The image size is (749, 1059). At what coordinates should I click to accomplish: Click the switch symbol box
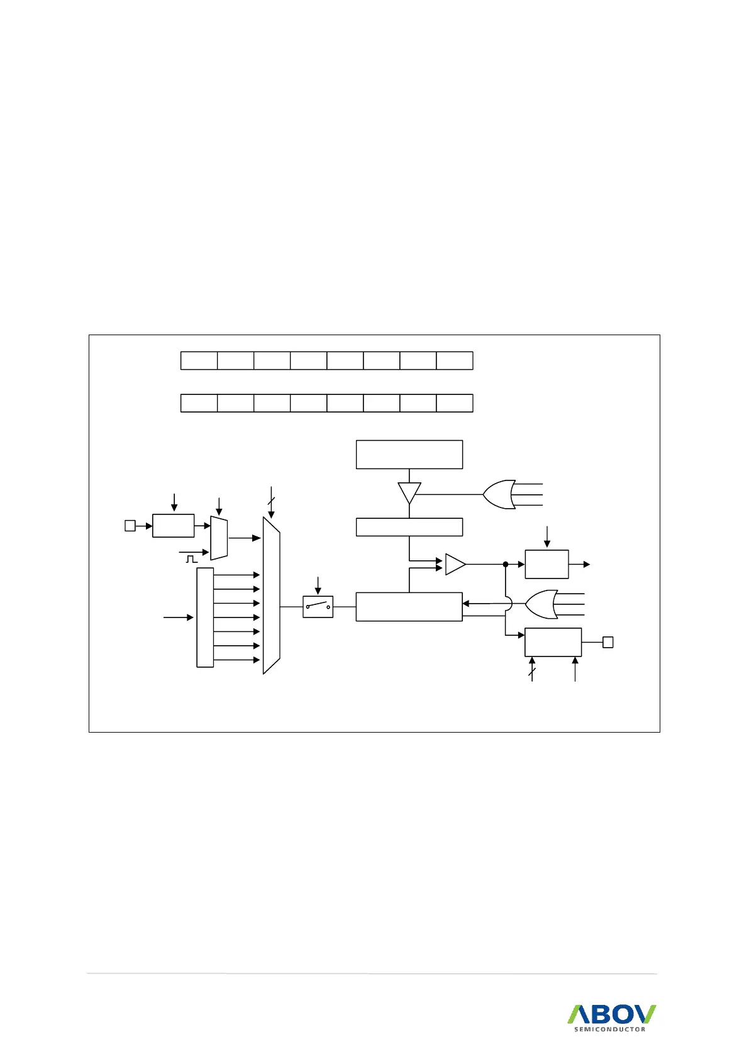(x=318, y=607)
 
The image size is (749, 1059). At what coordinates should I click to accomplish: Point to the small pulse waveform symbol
(x=191, y=558)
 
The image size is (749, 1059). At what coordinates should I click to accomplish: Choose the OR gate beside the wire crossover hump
(x=540, y=605)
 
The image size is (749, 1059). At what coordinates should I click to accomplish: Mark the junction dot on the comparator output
(x=505, y=564)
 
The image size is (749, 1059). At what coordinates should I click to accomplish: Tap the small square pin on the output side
(x=608, y=642)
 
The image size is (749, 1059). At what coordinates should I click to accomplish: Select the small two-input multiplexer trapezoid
(x=219, y=538)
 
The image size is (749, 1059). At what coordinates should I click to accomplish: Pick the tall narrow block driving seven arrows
(x=205, y=617)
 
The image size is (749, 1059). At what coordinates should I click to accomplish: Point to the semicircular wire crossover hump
(x=508, y=604)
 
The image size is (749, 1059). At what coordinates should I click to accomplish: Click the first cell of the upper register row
(x=199, y=361)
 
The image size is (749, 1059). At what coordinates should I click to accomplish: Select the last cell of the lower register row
(x=454, y=403)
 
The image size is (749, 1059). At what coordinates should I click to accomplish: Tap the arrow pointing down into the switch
(x=318, y=585)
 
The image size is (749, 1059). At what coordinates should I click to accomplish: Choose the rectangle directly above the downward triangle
(x=409, y=454)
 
